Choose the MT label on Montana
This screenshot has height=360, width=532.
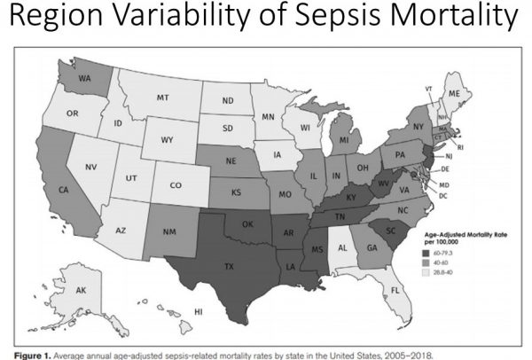click(x=162, y=96)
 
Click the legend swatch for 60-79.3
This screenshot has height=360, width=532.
click(x=441, y=253)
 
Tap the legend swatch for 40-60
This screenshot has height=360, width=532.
click(x=441, y=262)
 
